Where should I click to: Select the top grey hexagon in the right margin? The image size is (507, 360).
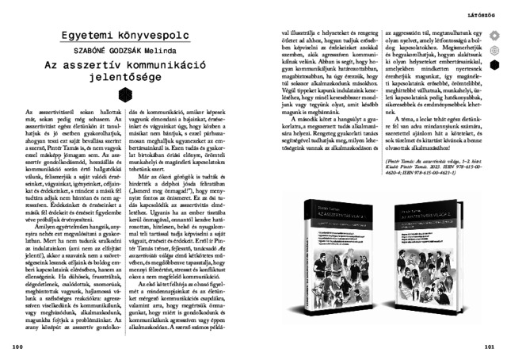[496, 36]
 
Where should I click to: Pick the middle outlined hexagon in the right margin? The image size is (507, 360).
[496, 50]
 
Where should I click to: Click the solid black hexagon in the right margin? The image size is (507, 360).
[496, 64]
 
